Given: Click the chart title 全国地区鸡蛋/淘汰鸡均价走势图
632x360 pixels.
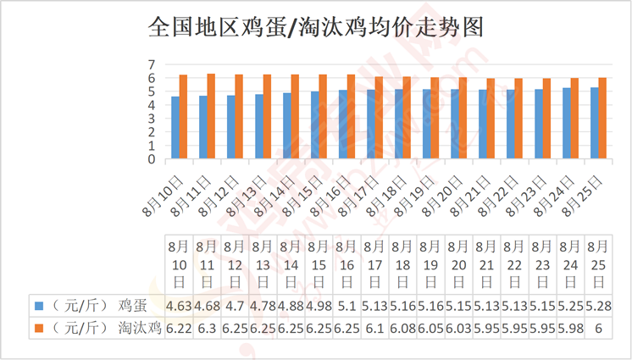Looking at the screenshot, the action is tap(316, 27).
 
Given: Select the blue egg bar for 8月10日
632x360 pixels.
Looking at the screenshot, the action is tap(175, 127).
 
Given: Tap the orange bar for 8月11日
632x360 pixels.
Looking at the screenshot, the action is tap(211, 116).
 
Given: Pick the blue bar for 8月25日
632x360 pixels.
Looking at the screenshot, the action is tap(595, 123).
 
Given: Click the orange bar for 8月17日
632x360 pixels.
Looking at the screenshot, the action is tap(379, 118).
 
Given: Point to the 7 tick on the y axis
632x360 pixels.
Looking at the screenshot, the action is tap(152, 64).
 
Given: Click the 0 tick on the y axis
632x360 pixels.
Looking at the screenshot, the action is tap(152, 159).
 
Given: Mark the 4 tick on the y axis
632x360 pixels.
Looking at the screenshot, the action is tap(152, 105).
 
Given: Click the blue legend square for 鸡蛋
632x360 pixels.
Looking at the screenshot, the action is tap(39, 306).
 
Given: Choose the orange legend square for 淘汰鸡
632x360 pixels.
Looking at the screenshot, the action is tap(39, 328).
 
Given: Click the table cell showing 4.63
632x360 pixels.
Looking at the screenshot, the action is tap(179, 306).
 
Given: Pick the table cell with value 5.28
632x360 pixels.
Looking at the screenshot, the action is tap(599, 306).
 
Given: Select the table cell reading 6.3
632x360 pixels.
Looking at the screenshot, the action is tap(208, 329).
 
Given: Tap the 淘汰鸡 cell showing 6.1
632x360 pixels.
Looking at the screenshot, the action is tap(374, 329).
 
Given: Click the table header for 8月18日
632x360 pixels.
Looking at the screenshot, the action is tap(402, 264).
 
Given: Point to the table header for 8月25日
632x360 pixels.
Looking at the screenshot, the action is tap(599, 264).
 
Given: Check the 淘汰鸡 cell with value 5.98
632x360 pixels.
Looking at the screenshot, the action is tap(570, 329).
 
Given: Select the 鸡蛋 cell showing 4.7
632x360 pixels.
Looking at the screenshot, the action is tap(235, 306).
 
